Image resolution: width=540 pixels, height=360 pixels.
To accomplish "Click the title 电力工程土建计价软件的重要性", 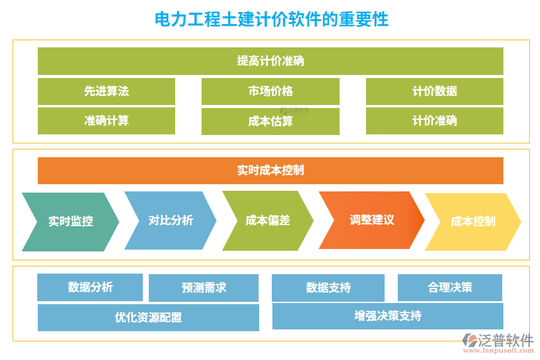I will pyautogui.click(x=271, y=19).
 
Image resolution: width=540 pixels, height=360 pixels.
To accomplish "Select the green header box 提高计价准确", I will pyautogui.click(x=270, y=61).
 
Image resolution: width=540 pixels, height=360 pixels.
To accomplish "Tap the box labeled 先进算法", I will pyautogui.click(x=106, y=91).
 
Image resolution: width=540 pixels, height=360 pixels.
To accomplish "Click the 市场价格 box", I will pyautogui.click(x=270, y=91).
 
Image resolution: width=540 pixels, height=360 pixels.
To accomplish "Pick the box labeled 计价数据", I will pyautogui.click(x=434, y=91).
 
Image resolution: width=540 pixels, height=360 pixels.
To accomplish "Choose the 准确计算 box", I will pyautogui.click(x=106, y=121).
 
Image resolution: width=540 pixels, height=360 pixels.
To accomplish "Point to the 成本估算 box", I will pyautogui.click(x=270, y=121).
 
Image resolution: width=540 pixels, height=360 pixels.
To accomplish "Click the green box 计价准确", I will pyautogui.click(x=434, y=121).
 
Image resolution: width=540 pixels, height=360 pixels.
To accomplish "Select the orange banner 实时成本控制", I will pyautogui.click(x=270, y=170).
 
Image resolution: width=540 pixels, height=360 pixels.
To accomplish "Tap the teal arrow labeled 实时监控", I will pyautogui.click(x=70, y=221).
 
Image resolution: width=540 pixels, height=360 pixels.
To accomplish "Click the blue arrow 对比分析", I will pyautogui.click(x=170, y=220).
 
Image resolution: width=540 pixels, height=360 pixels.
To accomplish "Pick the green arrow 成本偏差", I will pyautogui.click(x=268, y=220).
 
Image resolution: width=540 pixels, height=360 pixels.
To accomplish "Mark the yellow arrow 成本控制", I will pyautogui.click(x=473, y=221).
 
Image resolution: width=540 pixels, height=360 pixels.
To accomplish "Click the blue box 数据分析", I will pyautogui.click(x=90, y=287).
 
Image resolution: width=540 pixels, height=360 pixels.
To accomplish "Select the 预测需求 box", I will pyautogui.click(x=203, y=288).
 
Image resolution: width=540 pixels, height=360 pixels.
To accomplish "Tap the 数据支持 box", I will pyautogui.click(x=328, y=288).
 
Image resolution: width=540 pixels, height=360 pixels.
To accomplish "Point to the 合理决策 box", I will pyautogui.click(x=449, y=287).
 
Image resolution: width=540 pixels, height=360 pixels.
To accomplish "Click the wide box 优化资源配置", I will pyautogui.click(x=148, y=317).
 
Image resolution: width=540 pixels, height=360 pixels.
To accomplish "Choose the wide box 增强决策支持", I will pyautogui.click(x=388, y=316).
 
